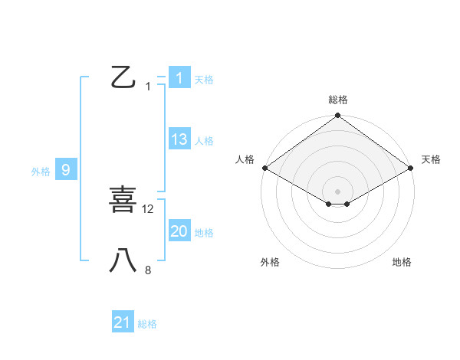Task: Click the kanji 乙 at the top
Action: click(x=123, y=78)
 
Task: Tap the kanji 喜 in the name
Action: click(x=123, y=200)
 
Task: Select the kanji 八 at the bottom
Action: click(x=123, y=260)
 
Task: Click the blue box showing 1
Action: click(x=179, y=78)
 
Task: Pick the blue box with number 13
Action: click(x=179, y=139)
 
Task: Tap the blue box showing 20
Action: click(x=179, y=231)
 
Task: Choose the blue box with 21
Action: click(x=123, y=323)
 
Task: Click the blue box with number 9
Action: click(x=66, y=170)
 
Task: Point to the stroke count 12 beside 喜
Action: click(x=149, y=208)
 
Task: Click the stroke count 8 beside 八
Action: click(x=148, y=270)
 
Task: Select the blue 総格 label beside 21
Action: click(x=147, y=324)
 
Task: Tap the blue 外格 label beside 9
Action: click(x=41, y=172)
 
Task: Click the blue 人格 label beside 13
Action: click(x=204, y=141)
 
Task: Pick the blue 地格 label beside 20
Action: click(x=204, y=233)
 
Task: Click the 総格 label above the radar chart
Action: click(x=338, y=100)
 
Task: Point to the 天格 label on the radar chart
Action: click(x=431, y=159)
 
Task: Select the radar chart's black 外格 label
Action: click(x=270, y=262)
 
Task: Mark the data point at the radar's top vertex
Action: click(x=337, y=116)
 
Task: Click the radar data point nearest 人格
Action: click(x=264, y=168)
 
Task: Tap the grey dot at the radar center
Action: click(x=337, y=191)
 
